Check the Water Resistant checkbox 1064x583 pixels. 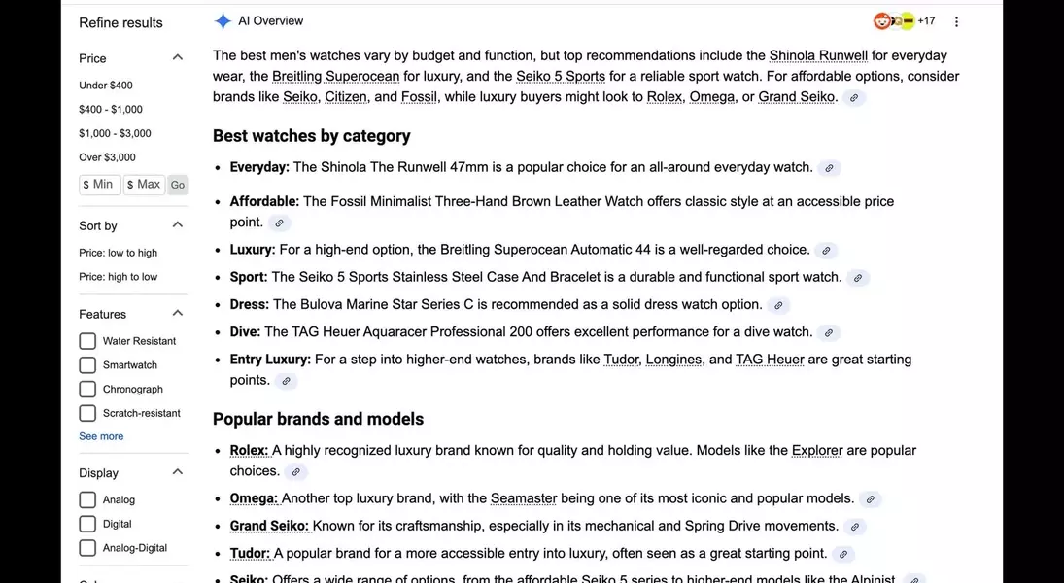(87, 341)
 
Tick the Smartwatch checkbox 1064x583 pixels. (87, 365)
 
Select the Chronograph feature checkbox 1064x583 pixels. (87, 390)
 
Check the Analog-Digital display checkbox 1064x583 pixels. (87, 548)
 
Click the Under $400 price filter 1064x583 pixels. (106, 86)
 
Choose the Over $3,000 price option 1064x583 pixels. (107, 157)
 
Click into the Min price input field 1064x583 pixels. (100, 185)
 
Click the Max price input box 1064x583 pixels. (144, 185)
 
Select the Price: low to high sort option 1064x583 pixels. (118, 253)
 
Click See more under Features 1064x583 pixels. (101, 436)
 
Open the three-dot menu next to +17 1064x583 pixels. (956, 21)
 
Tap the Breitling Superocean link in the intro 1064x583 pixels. (335, 76)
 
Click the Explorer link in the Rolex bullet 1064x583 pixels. (816, 450)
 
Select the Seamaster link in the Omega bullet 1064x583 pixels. (524, 498)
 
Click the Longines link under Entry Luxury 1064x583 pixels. (673, 360)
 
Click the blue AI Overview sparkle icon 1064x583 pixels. (223, 21)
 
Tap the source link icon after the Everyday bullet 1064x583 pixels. (829, 168)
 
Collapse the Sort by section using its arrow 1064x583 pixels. (177, 225)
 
